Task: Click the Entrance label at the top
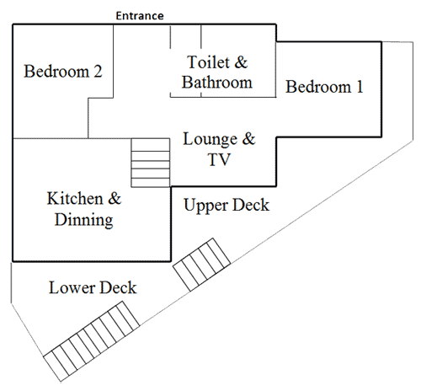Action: tap(140, 16)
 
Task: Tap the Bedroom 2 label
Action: tap(63, 71)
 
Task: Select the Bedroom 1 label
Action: tap(324, 87)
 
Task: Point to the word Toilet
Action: tap(208, 62)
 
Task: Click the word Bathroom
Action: tap(217, 83)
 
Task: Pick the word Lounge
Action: tap(210, 139)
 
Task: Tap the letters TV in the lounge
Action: tap(219, 159)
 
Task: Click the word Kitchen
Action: tap(75, 199)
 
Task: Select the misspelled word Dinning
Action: tap(84, 220)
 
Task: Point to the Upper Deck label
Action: tap(226, 205)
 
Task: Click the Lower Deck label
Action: tap(93, 287)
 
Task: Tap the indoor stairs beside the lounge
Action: tap(151, 163)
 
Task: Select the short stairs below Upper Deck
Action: tap(202, 265)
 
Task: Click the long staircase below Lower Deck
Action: tap(92, 341)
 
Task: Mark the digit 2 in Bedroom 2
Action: tap(98, 72)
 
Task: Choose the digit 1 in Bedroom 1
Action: tap(360, 87)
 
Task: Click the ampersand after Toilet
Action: tap(241, 62)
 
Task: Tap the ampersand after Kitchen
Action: tap(115, 199)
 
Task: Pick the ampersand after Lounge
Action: tap(248, 139)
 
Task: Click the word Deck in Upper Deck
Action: tap(251, 205)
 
